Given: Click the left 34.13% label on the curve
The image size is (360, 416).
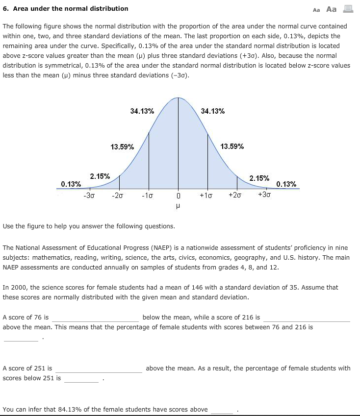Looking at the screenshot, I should pyautogui.click(x=142, y=111).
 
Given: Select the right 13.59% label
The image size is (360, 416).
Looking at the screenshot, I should pyautogui.click(x=232, y=147).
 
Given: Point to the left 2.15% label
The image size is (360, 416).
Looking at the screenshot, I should pyautogui.click(x=100, y=176).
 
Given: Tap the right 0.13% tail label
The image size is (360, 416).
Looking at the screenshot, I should pyautogui.click(x=286, y=184).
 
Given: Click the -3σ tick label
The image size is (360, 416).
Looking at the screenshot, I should pyautogui.click(x=89, y=196).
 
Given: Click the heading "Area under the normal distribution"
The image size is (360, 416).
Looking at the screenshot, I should pyautogui.click(x=70, y=8).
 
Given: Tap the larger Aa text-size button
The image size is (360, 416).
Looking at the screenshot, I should pyautogui.click(x=332, y=9).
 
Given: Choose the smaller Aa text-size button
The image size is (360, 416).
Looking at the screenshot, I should pyautogui.click(x=316, y=9).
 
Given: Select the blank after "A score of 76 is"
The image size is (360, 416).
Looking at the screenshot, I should pyautogui.click(x=96, y=318).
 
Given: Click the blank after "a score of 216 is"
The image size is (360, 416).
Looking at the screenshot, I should pyautogui.click(x=307, y=318).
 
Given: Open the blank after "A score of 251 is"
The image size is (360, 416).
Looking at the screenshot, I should pyautogui.click(x=98, y=368).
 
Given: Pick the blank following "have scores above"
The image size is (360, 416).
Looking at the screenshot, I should pyautogui.click(x=222, y=410).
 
